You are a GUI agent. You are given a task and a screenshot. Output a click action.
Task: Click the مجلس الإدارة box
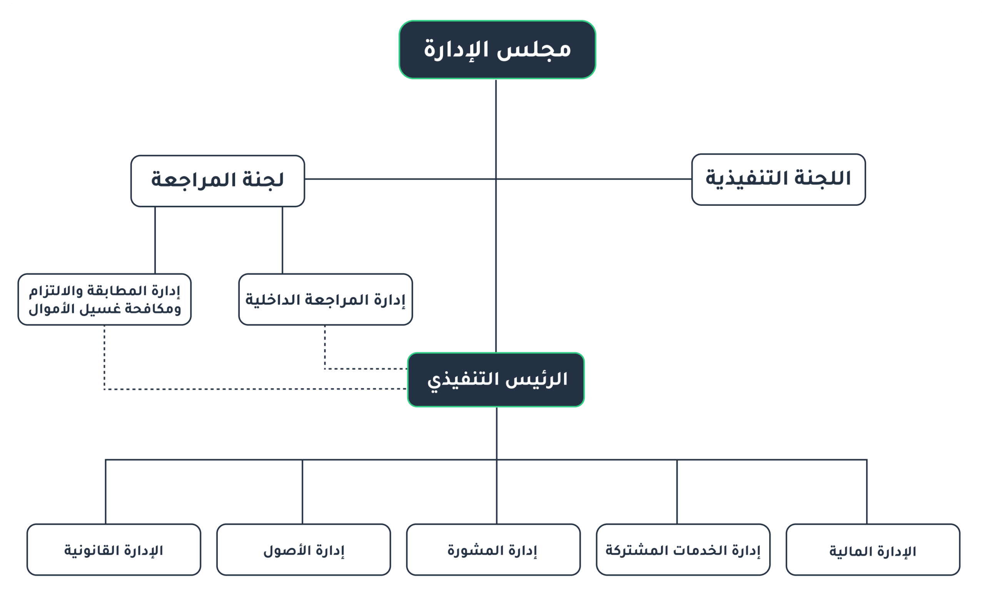click(x=497, y=50)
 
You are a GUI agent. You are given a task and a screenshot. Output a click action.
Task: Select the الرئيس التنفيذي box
click(x=496, y=380)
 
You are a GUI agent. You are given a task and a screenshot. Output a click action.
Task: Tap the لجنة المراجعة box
click(x=217, y=181)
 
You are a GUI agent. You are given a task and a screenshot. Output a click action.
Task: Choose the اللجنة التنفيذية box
click(x=779, y=180)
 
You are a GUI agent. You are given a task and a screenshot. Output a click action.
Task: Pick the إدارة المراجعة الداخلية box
click(x=326, y=299)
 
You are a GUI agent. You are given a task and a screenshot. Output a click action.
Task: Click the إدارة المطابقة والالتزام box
click(x=104, y=299)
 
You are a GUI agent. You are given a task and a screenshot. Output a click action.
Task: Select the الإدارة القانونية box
click(x=114, y=550)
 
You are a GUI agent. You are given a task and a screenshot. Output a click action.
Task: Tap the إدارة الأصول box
click(x=304, y=550)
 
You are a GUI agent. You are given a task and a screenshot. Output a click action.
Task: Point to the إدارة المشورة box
click(x=493, y=550)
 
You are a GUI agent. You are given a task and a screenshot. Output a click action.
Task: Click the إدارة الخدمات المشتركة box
click(x=683, y=550)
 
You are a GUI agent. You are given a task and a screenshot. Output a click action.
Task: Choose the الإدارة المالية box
click(x=873, y=550)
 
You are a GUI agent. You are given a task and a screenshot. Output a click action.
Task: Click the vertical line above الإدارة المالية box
click(x=866, y=492)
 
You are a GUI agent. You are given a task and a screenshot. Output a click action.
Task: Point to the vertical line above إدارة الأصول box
click(x=302, y=492)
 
